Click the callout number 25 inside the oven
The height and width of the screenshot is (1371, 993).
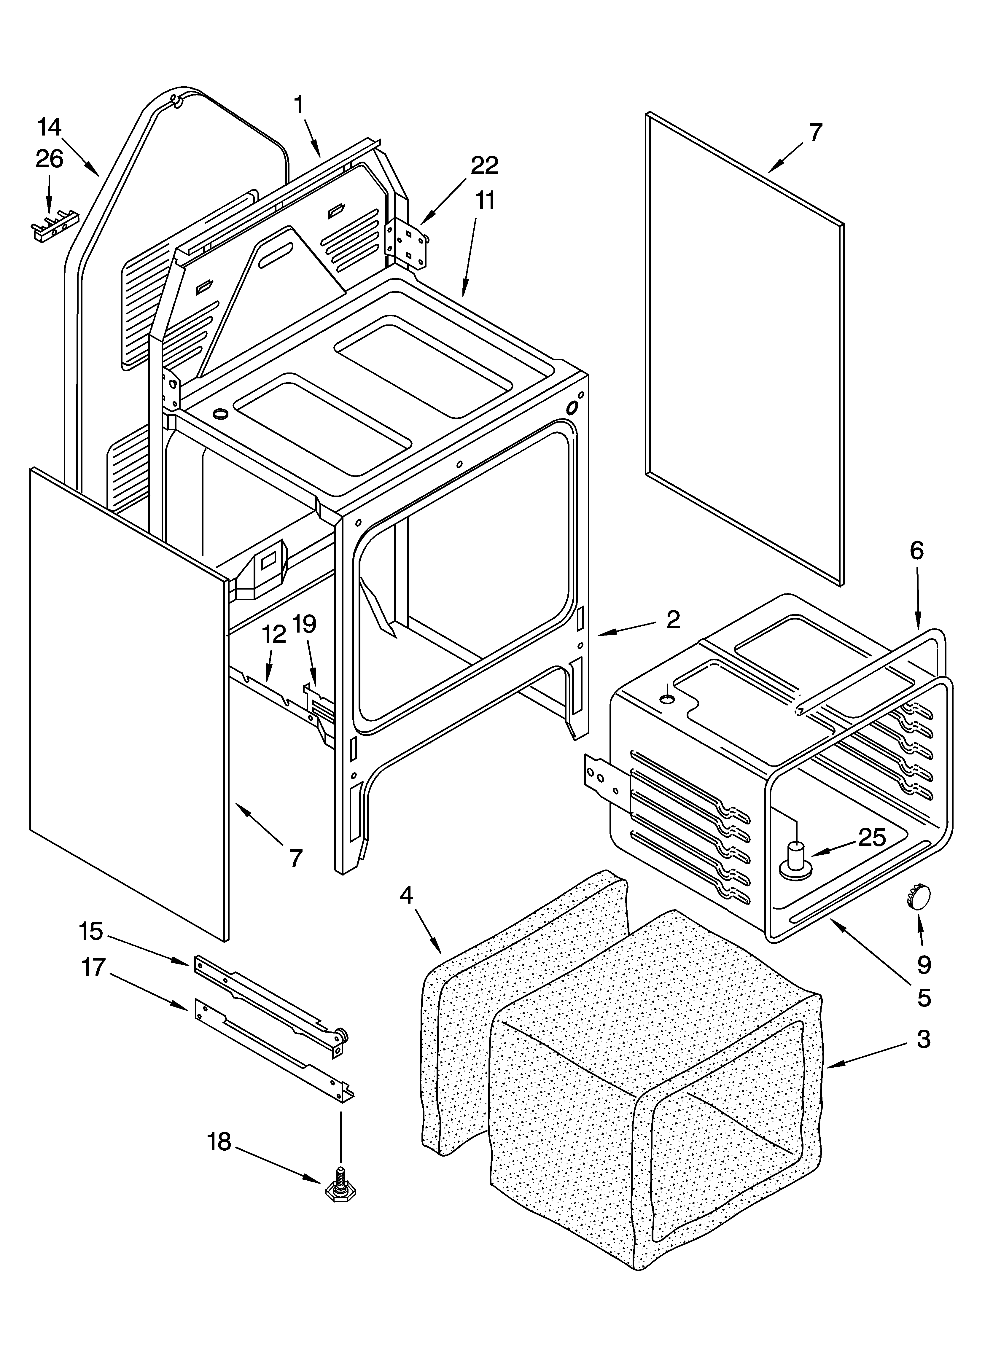[871, 837]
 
